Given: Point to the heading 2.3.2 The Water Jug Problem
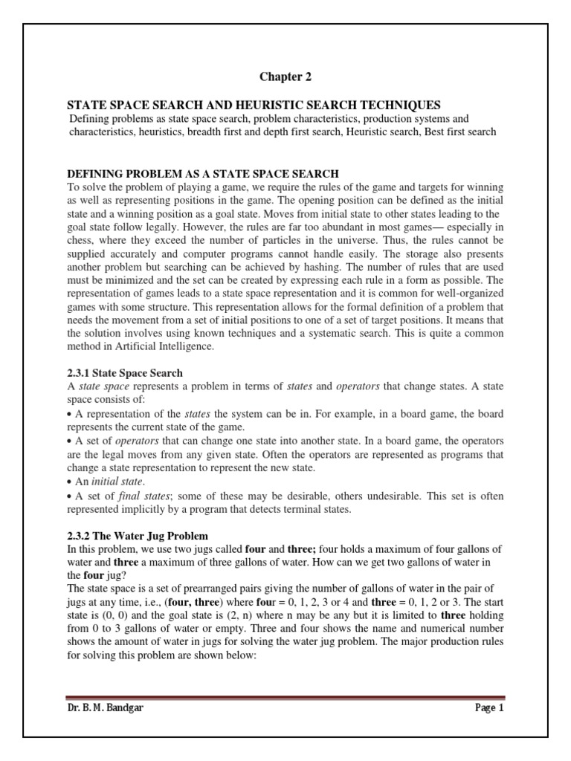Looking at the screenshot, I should click(x=138, y=536).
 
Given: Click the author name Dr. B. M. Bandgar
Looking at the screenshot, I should click(x=105, y=707).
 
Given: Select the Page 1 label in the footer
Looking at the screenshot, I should click(x=489, y=707).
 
